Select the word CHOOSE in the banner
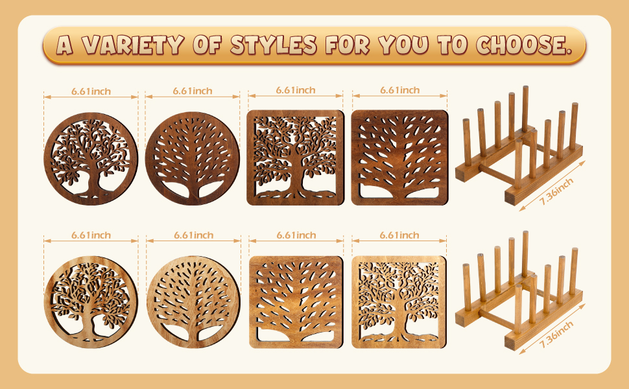tap(523, 45)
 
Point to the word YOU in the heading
tap(408, 45)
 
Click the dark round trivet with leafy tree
tap(91, 159)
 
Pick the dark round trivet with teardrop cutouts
tap(193, 159)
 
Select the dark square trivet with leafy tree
tap(295, 158)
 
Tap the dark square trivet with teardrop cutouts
tap(399, 158)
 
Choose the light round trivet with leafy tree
tap(91, 303)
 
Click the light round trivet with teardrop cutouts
tap(193, 303)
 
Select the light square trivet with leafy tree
tap(399, 302)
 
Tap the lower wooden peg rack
tap(519, 292)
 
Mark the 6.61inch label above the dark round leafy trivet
tap(91, 91)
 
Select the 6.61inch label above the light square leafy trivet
tap(399, 235)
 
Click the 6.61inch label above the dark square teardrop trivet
tap(399, 90)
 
